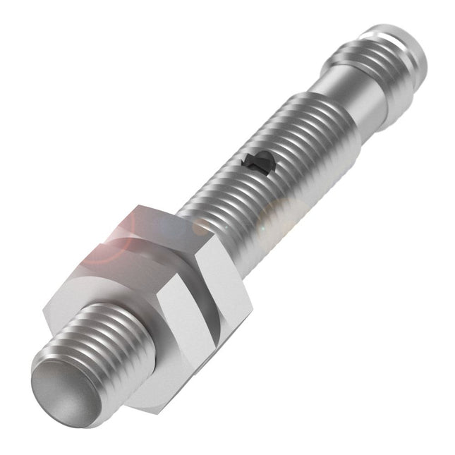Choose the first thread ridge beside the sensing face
(x=78, y=367)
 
